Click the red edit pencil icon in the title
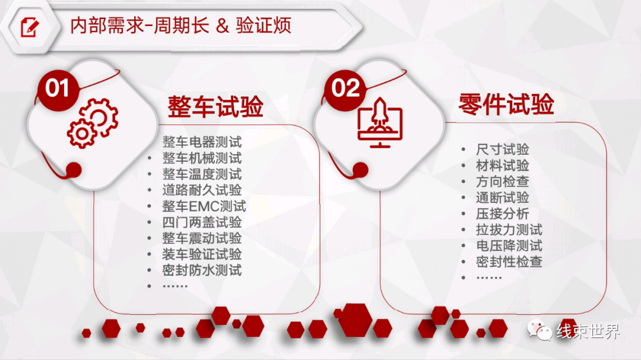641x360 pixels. (x=30, y=27)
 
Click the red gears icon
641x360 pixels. (x=93, y=123)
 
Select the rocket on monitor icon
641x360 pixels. (x=380, y=123)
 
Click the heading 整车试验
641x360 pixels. (x=215, y=107)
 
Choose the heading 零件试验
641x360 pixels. (x=506, y=104)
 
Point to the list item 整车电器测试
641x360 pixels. (x=202, y=142)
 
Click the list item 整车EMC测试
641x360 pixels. (x=204, y=206)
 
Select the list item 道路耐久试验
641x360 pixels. (x=202, y=190)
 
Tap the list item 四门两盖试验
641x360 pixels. (x=202, y=222)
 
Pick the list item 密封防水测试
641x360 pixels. (x=202, y=270)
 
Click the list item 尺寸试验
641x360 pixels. (x=503, y=149)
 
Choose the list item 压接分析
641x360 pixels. (x=503, y=214)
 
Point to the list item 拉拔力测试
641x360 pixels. (x=509, y=230)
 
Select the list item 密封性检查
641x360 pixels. (x=509, y=262)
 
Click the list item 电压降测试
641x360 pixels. (x=509, y=246)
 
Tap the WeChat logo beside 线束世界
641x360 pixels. (x=539, y=330)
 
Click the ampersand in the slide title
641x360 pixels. (x=223, y=26)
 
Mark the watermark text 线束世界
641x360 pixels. (x=588, y=331)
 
